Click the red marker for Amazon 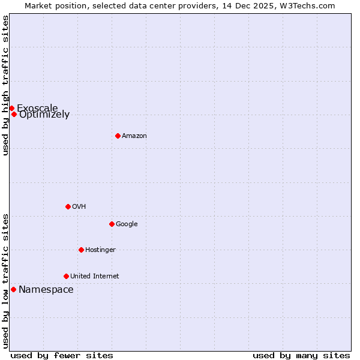[x=118, y=136]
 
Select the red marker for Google [x=112, y=224]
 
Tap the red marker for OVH [x=68, y=206]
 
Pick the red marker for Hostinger [x=81, y=250]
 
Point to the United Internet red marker [x=66, y=276]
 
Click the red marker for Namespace [x=13, y=289]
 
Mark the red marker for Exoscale [x=11, y=108]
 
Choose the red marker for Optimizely [x=14, y=114]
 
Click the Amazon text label [x=134, y=136]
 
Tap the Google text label [x=127, y=224]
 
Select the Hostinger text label [x=100, y=250]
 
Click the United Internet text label [x=94, y=277]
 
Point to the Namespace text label [x=46, y=290]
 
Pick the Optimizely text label [x=44, y=115]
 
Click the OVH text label [x=79, y=207]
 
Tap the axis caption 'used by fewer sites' [x=62, y=355]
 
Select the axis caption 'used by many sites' [x=301, y=355]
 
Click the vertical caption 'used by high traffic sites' [x=5, y=85]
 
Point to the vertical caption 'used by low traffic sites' [x=5, y=280]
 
